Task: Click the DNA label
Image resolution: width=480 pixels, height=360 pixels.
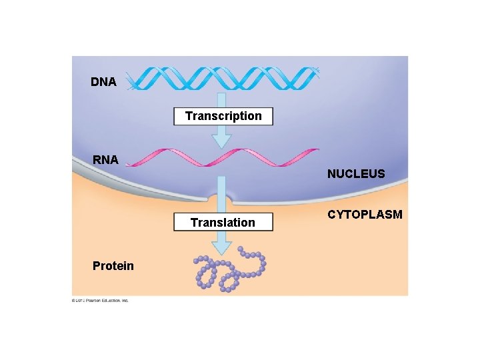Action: click(103, 82)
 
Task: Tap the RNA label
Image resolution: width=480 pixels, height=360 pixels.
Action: click(105, 160)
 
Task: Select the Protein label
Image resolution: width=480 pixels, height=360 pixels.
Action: click(113, 266)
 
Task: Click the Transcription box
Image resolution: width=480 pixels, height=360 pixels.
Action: click(223, 116)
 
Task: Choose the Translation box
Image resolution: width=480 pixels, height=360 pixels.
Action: click(223, 222)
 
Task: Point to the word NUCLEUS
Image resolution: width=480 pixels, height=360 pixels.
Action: click(355, 174)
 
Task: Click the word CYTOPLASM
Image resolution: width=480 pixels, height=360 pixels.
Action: click(364, 215)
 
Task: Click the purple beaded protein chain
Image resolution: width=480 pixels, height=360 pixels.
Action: click(230, 271)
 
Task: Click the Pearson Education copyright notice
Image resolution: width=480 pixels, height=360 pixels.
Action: click(100, 301)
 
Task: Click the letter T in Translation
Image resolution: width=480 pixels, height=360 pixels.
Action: click(194, 222)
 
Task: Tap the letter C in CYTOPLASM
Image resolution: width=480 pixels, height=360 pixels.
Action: click(331, 215)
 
